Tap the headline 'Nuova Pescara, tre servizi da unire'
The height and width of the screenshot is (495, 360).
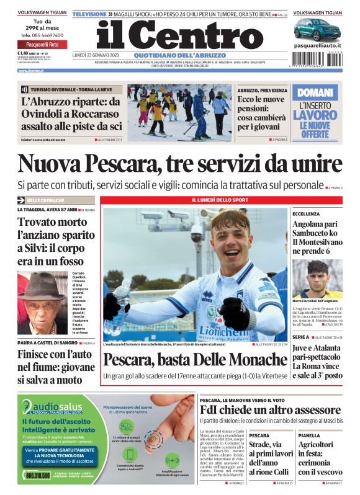[179, 164]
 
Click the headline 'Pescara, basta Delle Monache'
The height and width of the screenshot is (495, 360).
[195, 359]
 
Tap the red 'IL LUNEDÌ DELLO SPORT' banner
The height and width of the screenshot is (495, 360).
[223, 200]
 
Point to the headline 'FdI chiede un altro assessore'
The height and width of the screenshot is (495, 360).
[270, 411]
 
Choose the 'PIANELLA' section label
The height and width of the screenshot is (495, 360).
[308, 435]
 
